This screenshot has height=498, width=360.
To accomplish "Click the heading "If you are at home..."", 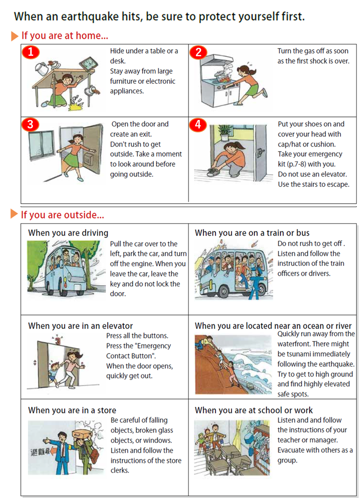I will pos(65,36).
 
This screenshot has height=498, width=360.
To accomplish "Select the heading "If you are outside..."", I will pos(62,215).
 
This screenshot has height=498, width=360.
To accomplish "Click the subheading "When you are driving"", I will pos(68,233).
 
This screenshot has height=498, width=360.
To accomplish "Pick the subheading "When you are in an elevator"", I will pos(80,326).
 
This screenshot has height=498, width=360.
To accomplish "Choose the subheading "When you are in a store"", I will pos(72,410).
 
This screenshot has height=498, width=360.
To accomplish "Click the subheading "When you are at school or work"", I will pos(253,410).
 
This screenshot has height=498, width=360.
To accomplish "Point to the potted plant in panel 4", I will pos(226,131).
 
